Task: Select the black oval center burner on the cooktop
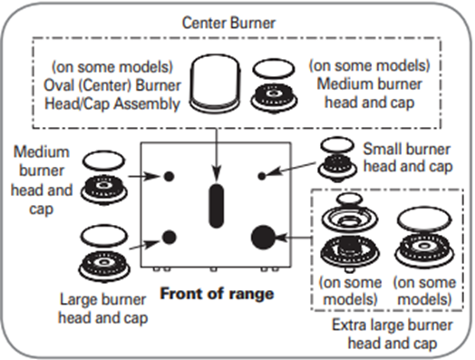(x=217, y=206)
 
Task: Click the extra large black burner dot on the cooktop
(x=263, y=238)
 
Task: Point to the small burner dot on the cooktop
(x=262, y=176)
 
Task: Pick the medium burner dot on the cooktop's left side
(x=168, y=174)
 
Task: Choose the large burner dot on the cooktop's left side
(x=168, y=238)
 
